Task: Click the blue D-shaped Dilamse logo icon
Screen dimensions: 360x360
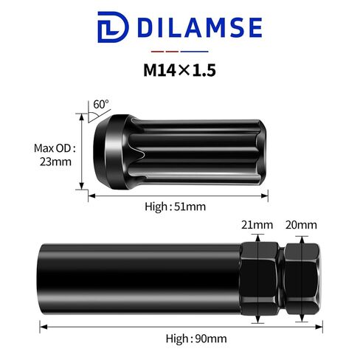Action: (x=113, y=27)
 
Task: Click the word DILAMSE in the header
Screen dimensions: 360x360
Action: (x=200, y=27)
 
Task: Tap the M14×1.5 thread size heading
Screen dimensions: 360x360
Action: (x=179, y=70)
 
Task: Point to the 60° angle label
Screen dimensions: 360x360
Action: (x=101, y=105)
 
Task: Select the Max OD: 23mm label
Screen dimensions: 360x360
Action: (x=55, y=155)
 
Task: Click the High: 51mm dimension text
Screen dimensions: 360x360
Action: (x=175, y=207)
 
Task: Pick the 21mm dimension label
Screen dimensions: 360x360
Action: (x=257, y=225)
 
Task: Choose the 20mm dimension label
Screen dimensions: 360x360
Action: (x=301, y=225)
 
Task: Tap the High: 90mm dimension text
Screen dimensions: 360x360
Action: (x=196, y=339)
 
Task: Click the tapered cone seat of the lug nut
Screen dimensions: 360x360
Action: (x=101, y=152)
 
